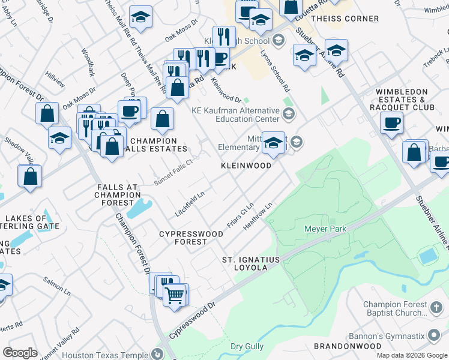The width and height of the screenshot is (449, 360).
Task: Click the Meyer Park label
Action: [326, 229]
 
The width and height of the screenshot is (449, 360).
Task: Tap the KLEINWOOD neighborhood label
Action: [246, 165]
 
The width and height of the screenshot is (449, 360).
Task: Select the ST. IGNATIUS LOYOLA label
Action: [251, 263]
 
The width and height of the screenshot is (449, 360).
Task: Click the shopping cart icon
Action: [175, 295]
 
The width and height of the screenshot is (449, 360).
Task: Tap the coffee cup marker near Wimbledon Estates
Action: [391, 123]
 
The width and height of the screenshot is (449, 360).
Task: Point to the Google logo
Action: [20, 353]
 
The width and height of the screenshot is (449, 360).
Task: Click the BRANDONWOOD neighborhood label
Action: [348, 346]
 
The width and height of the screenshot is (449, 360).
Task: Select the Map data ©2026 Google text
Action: [411, 355]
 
